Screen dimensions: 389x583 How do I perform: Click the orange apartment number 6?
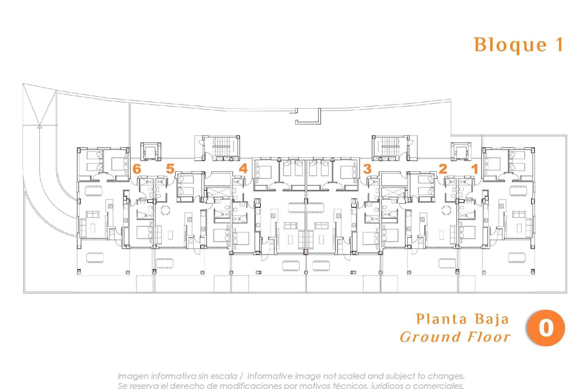tap(137, 169)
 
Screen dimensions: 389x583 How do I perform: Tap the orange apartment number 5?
tap(170, 168)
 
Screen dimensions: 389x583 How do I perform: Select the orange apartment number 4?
tap(243, 168)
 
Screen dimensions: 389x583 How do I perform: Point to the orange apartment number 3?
tap(367, 169)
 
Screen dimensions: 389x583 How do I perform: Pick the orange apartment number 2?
tap(443, 169)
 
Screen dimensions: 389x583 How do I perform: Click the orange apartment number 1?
tap(475, 169)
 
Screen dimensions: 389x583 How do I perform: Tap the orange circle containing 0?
tap(546, 328)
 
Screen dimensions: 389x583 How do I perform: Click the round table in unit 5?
tap(166, 210)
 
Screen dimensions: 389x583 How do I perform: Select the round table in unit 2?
tap(446, 210)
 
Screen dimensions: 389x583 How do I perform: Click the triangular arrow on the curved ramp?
tap(39, 126)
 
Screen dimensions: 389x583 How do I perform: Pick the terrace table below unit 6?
tap(95, 257)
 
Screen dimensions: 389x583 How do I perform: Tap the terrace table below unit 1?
tap(517, 257)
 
